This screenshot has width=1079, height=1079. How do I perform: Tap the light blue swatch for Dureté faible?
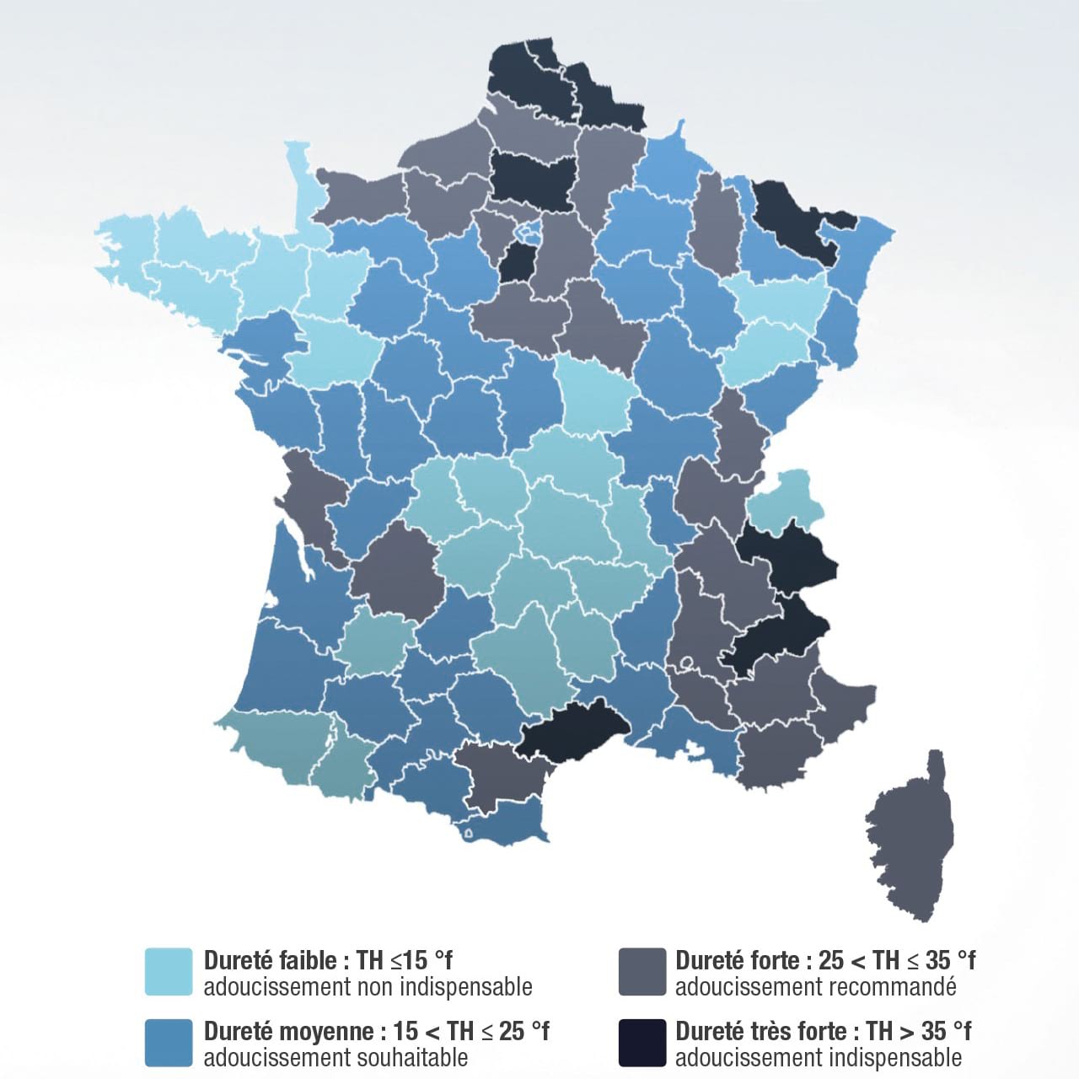click(x=169, y=972)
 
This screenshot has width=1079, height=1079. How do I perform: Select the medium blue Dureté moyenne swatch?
click(x=169, y=1043)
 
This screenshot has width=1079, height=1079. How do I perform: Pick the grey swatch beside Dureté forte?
click(x=641, y=972)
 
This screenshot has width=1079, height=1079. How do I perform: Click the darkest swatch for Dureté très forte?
click(x=641, y=1043)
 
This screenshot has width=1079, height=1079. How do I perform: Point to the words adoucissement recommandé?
click(x=815, y=986)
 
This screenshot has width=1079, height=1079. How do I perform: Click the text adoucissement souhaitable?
click(x=336, y=1057)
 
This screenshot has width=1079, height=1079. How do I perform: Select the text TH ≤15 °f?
click(x=405, y=960)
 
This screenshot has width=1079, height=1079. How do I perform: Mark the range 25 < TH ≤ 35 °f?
click(x=897, y=960)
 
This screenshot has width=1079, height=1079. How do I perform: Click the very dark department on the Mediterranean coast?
click(x=573, y=725)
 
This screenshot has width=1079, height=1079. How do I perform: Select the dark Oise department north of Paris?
click(x=531, y=177)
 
